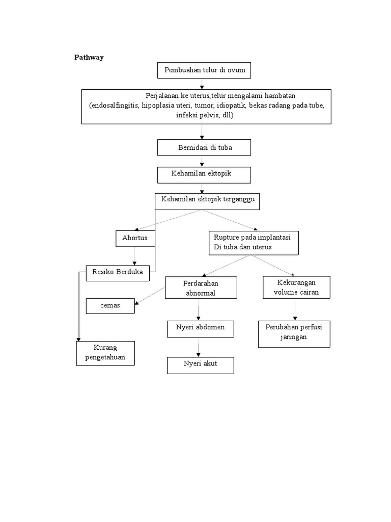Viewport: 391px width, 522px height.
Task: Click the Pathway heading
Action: click(x=89, y=57)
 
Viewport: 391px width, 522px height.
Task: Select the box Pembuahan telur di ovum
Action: click(x=204, y=70)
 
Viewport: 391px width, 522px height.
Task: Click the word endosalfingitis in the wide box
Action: click(x=115, y=106)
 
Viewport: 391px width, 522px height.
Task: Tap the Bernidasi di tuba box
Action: click(x=204, y=148)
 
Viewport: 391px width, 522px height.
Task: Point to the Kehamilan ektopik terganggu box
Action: click(x=207, y=201)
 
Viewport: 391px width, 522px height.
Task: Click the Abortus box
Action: click(x=135, y=238)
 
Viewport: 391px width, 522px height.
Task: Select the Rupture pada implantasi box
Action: click(x=254, y=242)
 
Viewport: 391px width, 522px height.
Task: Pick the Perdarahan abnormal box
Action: click(x=201, y=288)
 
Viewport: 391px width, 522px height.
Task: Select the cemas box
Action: click(x=110, y=306)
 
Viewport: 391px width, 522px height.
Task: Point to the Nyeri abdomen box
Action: click(x=201, y=329)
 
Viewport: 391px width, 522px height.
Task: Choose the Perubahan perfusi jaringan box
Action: click(x=294, y=334)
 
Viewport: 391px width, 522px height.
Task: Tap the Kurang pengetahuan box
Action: click(x=106, y=353)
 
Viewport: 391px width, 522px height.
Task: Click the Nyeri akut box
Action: click(x=201, y=365)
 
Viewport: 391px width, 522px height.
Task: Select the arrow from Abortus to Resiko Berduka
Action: click(x=135, y=256)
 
